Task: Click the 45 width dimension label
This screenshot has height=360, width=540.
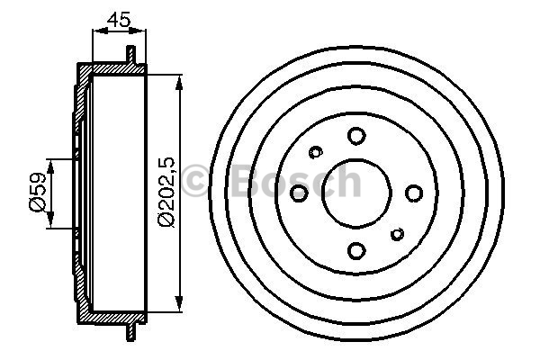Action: [x=119, y=19]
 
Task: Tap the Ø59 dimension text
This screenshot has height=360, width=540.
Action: [x=38, y=192]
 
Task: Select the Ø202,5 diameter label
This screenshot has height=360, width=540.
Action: [x=166, y=192]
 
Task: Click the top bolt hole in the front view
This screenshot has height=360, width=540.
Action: [x=356, y=136]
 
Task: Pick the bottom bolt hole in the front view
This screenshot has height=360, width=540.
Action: [x=356, y=250]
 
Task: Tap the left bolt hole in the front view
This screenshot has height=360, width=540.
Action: [x=299, y=193]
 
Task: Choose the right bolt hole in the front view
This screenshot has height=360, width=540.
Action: [x=414, y=193]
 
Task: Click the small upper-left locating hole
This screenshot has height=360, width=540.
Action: [x=316, y=152]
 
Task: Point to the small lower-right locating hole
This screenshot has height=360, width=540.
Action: [x=398, y=234]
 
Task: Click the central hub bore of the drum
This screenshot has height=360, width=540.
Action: [x=356, y=193]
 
